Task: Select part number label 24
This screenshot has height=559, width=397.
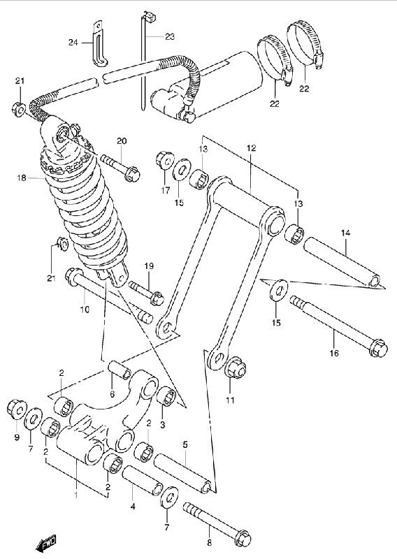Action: click(x=73, y=43)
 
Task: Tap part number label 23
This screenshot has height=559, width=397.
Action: click(x=170, y=36)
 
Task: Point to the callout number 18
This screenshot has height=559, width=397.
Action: click(x=22, y=177)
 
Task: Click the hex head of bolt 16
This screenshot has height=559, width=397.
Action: click(x=378, y=347)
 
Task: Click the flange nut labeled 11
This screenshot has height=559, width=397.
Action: click(x=236, y=370)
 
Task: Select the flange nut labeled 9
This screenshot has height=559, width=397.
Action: click(x=17, y=408)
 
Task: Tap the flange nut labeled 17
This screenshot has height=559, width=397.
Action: click(x=165, y=159)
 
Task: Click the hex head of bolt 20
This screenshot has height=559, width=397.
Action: click(x=133, y=173)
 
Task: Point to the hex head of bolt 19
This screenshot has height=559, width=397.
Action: click(x=157, y=298)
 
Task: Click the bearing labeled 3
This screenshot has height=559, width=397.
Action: click(x=166, y=396)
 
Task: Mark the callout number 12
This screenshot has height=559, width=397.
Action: click(x=252, y=148)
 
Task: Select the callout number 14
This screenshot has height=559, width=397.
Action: click(x=346, y=233)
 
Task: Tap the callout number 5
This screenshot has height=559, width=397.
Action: click(x=185, y=444)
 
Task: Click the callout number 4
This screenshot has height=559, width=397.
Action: click(x=133, y=505)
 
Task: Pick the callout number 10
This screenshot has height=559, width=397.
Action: click(x=85, y=309)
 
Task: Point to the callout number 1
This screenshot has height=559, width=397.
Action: click(x=75, y=495)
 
